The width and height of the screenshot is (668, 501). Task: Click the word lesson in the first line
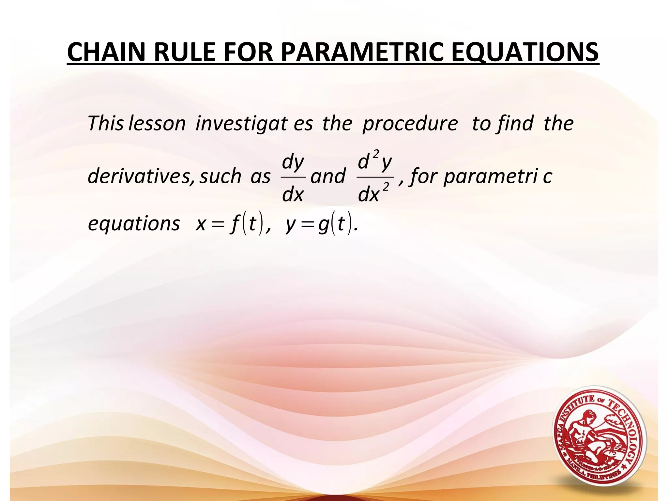[x=157, y=124]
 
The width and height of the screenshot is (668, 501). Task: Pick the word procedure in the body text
[x=410, y=124]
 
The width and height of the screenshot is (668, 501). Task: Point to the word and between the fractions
[x=327, y=176]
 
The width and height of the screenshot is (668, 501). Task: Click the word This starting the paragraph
[x=105, y=124]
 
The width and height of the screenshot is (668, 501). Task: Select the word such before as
[x=220, y=176]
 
